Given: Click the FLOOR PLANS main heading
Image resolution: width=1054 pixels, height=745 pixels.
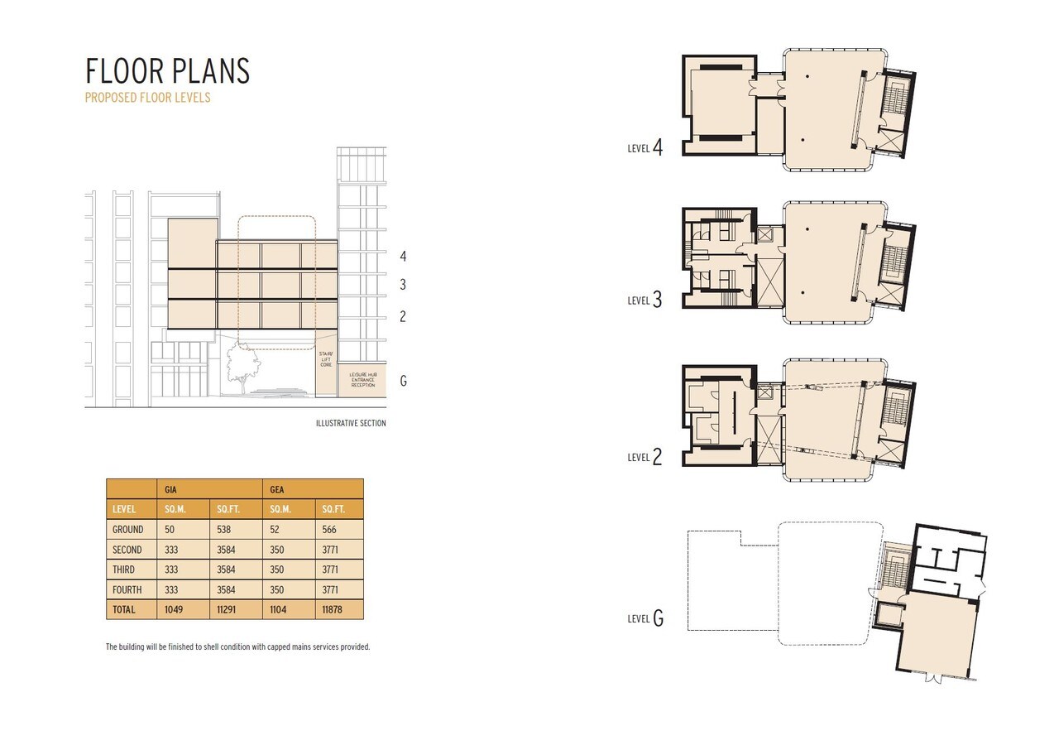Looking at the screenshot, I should [x=167, y=71].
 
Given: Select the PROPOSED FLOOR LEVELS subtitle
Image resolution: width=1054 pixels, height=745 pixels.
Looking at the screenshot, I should [x=147, y=98].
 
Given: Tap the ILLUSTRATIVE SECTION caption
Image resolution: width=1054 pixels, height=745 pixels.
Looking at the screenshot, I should [x=350, y=423].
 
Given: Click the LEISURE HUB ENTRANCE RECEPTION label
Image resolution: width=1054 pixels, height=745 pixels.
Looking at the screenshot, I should [x=362, y=380].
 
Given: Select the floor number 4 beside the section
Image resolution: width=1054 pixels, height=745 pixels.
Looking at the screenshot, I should [x=403, y=257].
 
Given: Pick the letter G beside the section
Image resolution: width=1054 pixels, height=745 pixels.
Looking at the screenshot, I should [x=403, y=381].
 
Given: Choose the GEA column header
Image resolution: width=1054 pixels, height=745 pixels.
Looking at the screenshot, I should [x=277, y=489].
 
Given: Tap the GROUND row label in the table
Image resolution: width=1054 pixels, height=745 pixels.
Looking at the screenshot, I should [x=127, y=530].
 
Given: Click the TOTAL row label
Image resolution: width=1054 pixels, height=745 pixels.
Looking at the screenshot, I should [x=125, y=609].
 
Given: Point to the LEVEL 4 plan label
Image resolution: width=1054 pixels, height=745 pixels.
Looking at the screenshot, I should [x=644, y=148].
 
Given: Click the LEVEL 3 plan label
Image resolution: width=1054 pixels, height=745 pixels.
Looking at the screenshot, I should [x=644, y=300].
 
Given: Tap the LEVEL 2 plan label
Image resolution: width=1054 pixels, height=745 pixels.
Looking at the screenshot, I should [x=644, y=456].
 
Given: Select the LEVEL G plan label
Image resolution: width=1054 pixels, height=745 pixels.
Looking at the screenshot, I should [x=644, y=618].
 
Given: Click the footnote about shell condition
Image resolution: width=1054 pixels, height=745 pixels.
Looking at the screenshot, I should [x=237, y=646].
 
